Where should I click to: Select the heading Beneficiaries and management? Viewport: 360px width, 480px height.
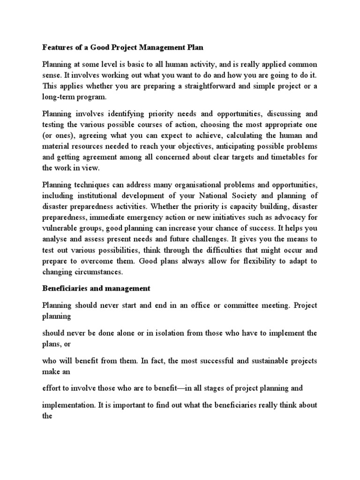coord(96,289)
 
